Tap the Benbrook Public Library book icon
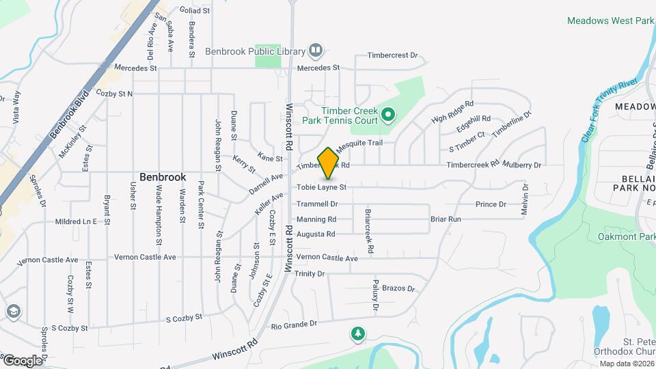tap(316, 50)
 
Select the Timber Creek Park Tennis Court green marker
tap(388, 114)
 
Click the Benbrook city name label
tap(163, 177)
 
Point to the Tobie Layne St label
tap(322, 187)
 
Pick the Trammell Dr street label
tap(317, 204)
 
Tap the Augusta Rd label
tap(316, 234)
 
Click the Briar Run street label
tap(446, 219)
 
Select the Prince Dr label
tap(491, 204)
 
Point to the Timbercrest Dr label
tap(392, 56)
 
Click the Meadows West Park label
tap(611, 21)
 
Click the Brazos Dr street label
tap(398, 289)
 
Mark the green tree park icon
tap(357, 334)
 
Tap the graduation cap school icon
tap(13, 312)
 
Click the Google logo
tap(22, 360)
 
